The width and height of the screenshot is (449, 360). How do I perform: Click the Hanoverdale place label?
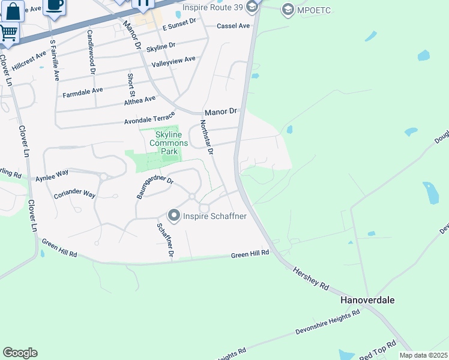367,300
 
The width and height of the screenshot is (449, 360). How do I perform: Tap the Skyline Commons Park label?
164,143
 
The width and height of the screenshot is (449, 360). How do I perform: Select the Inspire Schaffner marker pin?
174,215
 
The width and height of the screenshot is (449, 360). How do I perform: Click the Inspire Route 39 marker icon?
252,7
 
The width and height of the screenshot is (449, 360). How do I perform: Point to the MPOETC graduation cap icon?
288,9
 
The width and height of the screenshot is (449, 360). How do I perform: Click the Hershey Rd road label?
311,280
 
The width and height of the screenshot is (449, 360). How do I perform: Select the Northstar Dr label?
206,137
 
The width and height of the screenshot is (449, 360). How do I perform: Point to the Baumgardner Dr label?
155,187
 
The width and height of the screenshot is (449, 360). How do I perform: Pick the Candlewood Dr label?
91,52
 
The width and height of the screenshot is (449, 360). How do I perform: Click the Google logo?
20,353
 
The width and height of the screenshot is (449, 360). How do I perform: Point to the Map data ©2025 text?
423,355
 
